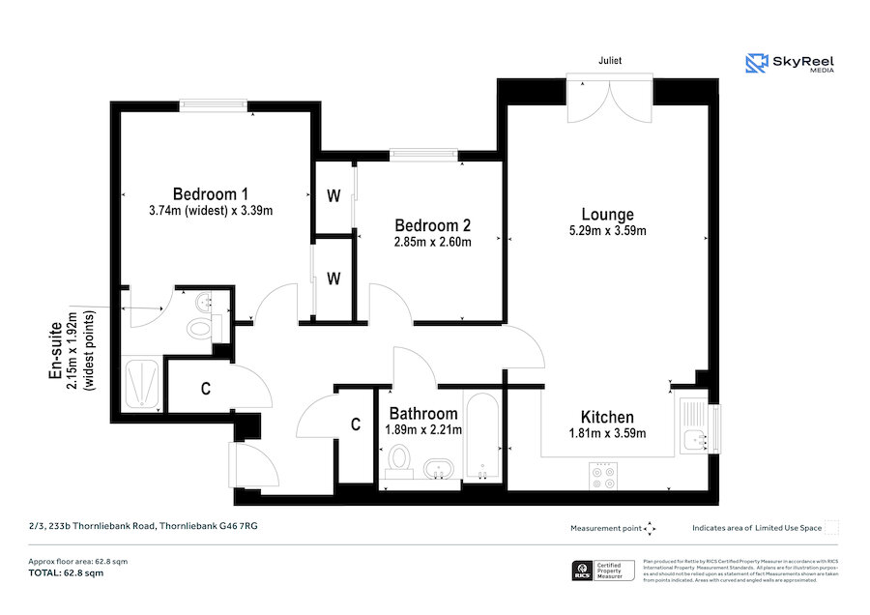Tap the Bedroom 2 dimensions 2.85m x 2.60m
pos(432,243)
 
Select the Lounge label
pos(607,214)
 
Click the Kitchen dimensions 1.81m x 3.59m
pos(607,433)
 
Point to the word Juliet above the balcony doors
pos(609,60)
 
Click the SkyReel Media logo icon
pos(756,64)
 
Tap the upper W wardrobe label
pos(333,196)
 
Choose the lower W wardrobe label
pos(333,278)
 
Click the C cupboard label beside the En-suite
pos(206,390)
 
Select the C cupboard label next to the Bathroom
pos(356,424)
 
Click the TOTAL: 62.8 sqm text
pos(66,573)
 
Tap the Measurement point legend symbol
pos(651,528)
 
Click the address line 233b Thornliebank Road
pos(143,526)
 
